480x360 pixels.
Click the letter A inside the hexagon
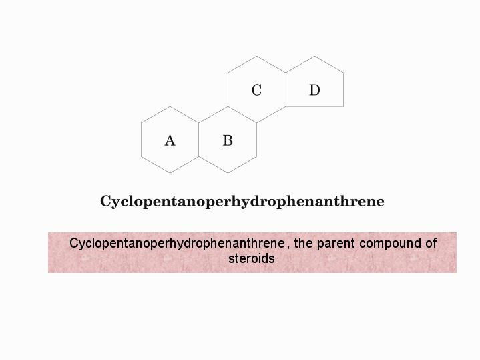coord(170,141)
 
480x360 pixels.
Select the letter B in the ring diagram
coord(228,140)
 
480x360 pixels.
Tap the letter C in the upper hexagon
coord(256,90)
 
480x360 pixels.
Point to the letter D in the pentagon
coord(314,90)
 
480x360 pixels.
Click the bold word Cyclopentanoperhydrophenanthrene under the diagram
coord(242,202)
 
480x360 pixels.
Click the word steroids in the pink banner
coord(252,258)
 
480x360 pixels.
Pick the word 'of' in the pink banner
coord(431,243)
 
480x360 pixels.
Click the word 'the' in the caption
coord(303,243)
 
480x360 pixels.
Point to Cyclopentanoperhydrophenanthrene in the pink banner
coord(177,244)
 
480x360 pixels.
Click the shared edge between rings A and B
coord(199,140)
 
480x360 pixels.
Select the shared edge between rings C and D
coord(286,89)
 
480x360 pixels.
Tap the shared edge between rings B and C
coord(242,115)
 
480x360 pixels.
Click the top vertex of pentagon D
coord(314,56)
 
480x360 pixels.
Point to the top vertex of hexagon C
coord(256,56)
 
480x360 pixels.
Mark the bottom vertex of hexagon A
coord(170,173)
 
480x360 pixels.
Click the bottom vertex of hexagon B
coord(228,173)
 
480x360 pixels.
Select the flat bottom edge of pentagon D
coord(314,107)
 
